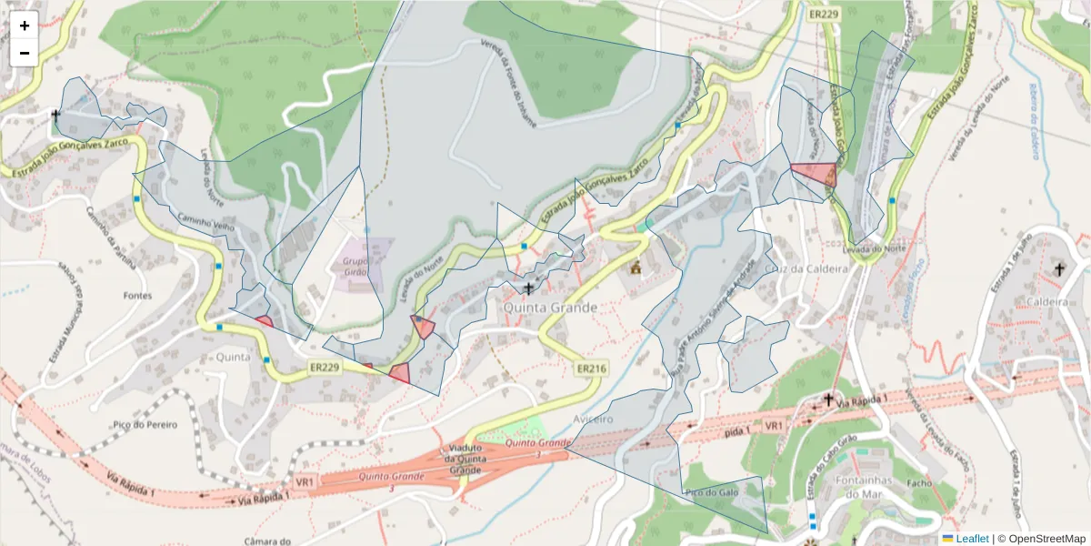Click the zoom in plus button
click(x=25, y=25)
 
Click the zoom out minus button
click(x=25, y=53)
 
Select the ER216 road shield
click(x=591, y=369)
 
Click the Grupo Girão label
click(x=361, y=265)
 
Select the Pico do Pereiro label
click(x=145, y=424)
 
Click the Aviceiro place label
click(x=596, y=419)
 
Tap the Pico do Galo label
click(x=710, y=492)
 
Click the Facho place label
click(x=919, y=483)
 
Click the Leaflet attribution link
click(x=971, y=539)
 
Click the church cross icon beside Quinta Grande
click(x=529, y=288)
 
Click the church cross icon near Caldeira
click(x=1058, y=268)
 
